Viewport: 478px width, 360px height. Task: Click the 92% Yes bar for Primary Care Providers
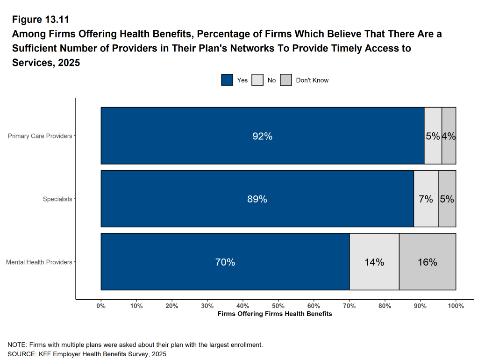click(x=262, y=136)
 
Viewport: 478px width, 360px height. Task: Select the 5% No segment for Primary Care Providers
click(x=433, y=136)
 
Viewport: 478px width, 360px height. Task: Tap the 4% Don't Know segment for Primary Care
click(x=449, y=136)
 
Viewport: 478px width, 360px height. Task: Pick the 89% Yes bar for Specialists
click(x=257, y=199)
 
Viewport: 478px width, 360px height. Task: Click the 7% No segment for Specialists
click(x=426, y=199)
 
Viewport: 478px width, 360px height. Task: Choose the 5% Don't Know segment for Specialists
click(x=447, y=199)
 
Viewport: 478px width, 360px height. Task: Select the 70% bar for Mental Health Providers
click(x=225, y=262)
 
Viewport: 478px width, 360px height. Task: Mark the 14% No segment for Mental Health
click(x=374, y=262)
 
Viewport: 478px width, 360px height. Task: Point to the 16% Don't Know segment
click(x=428, y=262)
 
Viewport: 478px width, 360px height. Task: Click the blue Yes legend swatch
click(x=227, y=80)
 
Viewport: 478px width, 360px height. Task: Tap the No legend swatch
click(x=257, y=80)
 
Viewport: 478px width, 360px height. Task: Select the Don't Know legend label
click(x=312, y=80)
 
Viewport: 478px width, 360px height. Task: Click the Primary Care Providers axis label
click(x=40, y=136)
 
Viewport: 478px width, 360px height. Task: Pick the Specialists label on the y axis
click(x=57, y=199)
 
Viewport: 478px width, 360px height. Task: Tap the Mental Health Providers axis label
click(x=39, y=262)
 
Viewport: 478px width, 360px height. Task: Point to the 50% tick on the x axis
click(x=278, y=306)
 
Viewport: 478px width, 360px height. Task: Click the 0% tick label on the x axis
click(x=101, y=306)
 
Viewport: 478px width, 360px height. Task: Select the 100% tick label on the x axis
click(x=456, y=306)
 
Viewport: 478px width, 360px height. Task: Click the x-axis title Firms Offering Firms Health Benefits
click(x=275, y=314)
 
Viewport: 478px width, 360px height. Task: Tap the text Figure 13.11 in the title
click(x=40, y=20)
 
